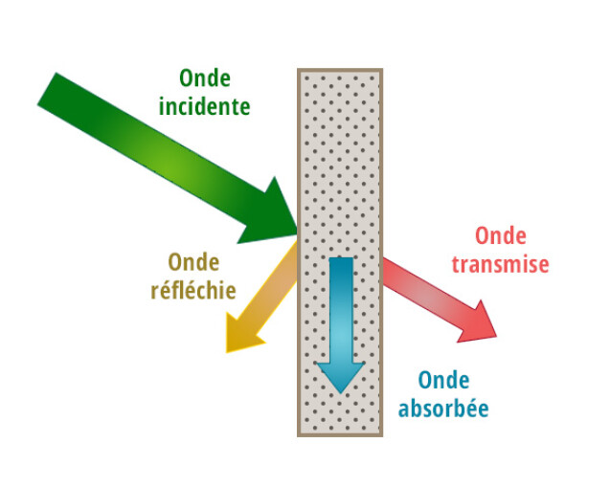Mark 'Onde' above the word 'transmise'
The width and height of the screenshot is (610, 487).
(501, 236)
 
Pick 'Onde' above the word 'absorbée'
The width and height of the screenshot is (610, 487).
(442, 379)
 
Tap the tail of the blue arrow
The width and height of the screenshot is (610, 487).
(341, 263)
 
